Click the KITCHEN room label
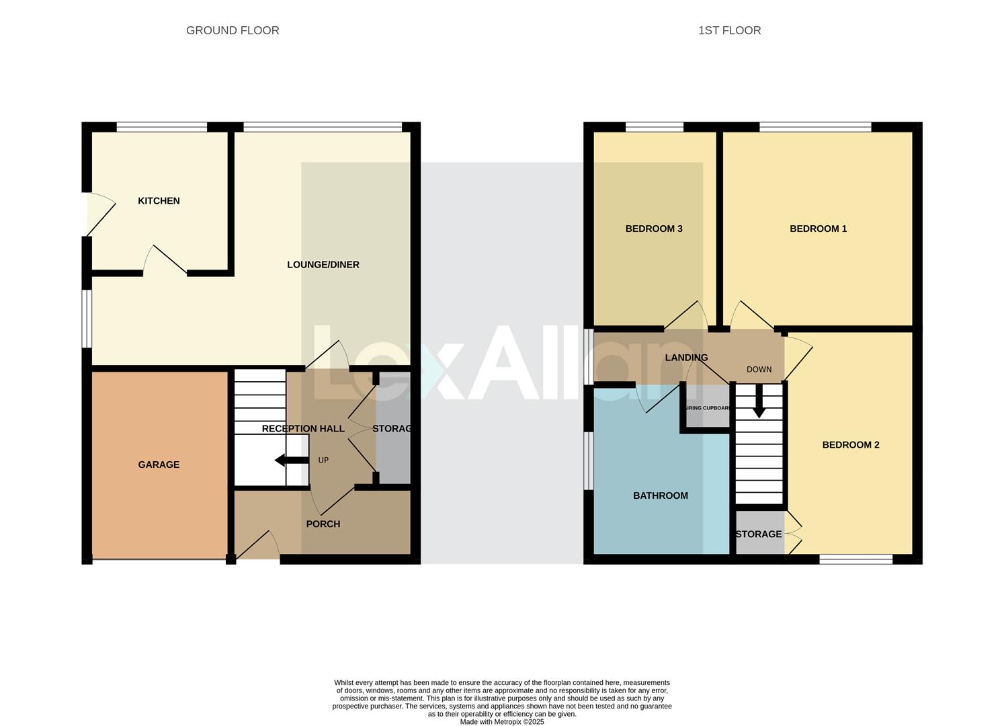tap(159, 201)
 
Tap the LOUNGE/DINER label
tap(323, 265)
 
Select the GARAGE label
tap(159, 465)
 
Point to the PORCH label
tap(323, 524)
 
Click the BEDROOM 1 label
tap(818, 229)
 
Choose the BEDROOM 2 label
tap(851, 445)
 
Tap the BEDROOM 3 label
tap(654, 229)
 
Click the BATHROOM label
tap(661, 496)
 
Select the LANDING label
tap(686, 358)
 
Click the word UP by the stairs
tap(323, 460)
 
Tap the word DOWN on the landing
tap(759, 370)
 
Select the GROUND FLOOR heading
tap(233, 30)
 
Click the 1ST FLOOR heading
tap(729, 30)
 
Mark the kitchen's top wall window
tap(161, 127)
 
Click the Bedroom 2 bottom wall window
tap(855, 559)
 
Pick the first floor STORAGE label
tap(759, 534)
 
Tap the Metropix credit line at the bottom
tap(502, 722)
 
